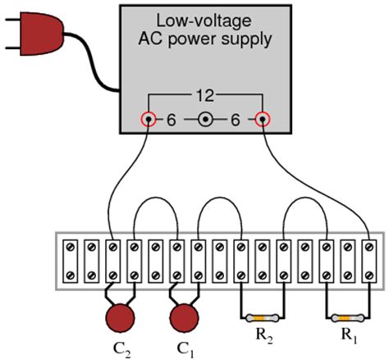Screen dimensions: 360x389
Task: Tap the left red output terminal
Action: [149, 119]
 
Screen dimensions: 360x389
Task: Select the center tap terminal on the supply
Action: [205, 120]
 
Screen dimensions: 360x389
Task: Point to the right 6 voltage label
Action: [236, 120]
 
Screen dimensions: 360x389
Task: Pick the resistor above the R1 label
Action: [348, 317]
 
